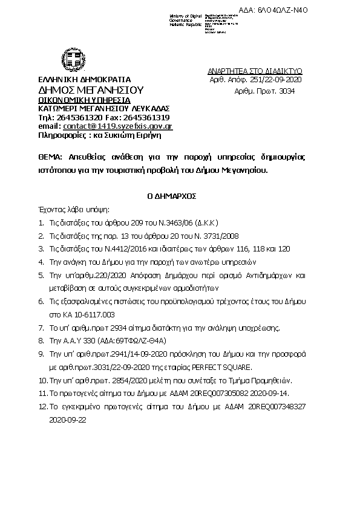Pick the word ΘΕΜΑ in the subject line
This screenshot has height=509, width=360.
48,156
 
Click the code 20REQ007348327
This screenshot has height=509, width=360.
277,406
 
